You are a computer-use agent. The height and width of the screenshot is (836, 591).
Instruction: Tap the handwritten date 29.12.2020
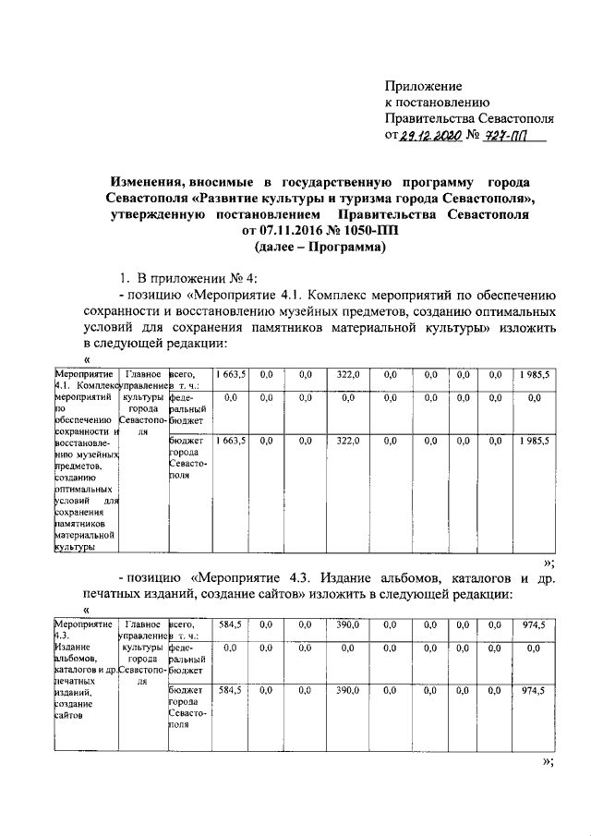click(x=430, y=137)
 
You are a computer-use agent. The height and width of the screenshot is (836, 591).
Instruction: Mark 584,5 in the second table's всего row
click(x=230, y=625)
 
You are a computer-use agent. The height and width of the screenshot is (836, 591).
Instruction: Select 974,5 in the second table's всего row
click(x=533, y=625)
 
